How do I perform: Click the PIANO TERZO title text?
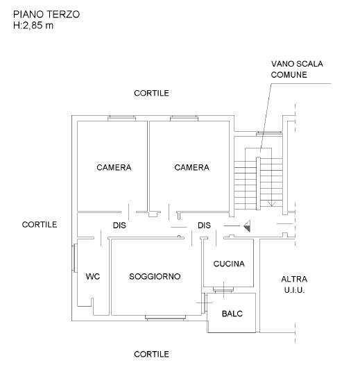(46, 15)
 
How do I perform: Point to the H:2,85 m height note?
(33, 25)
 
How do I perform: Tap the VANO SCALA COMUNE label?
(297, 69)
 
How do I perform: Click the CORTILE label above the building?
(151, 93)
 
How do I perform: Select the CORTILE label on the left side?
(40, 225)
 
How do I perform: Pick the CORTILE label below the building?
(151, 354)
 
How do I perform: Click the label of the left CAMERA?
(114, 167)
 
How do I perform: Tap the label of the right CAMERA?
(191, 167)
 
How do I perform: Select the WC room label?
(93, 277)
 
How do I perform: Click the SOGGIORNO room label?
(155, 277)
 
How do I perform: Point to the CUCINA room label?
(229, 264)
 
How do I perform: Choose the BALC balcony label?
(232, 314)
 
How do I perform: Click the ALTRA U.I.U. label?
(294, 284)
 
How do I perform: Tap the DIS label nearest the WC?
(119, 225)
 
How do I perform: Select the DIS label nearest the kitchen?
(204, 225)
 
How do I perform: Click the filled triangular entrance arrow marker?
(247, 226)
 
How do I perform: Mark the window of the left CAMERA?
(122, 118)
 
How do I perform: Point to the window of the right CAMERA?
(184, 118)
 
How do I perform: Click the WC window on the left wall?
(74, 257)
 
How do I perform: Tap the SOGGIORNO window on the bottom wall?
(165, 318)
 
